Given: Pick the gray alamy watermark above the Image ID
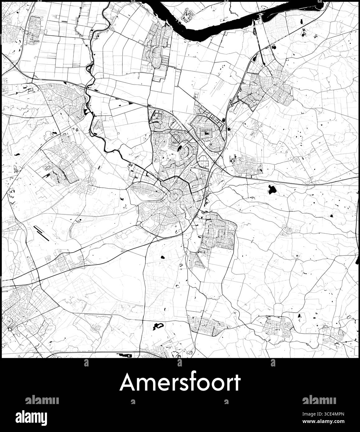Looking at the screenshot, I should point(319,400).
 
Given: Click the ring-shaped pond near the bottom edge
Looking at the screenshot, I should point(158,326).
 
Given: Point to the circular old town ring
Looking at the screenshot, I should point(174,196).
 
